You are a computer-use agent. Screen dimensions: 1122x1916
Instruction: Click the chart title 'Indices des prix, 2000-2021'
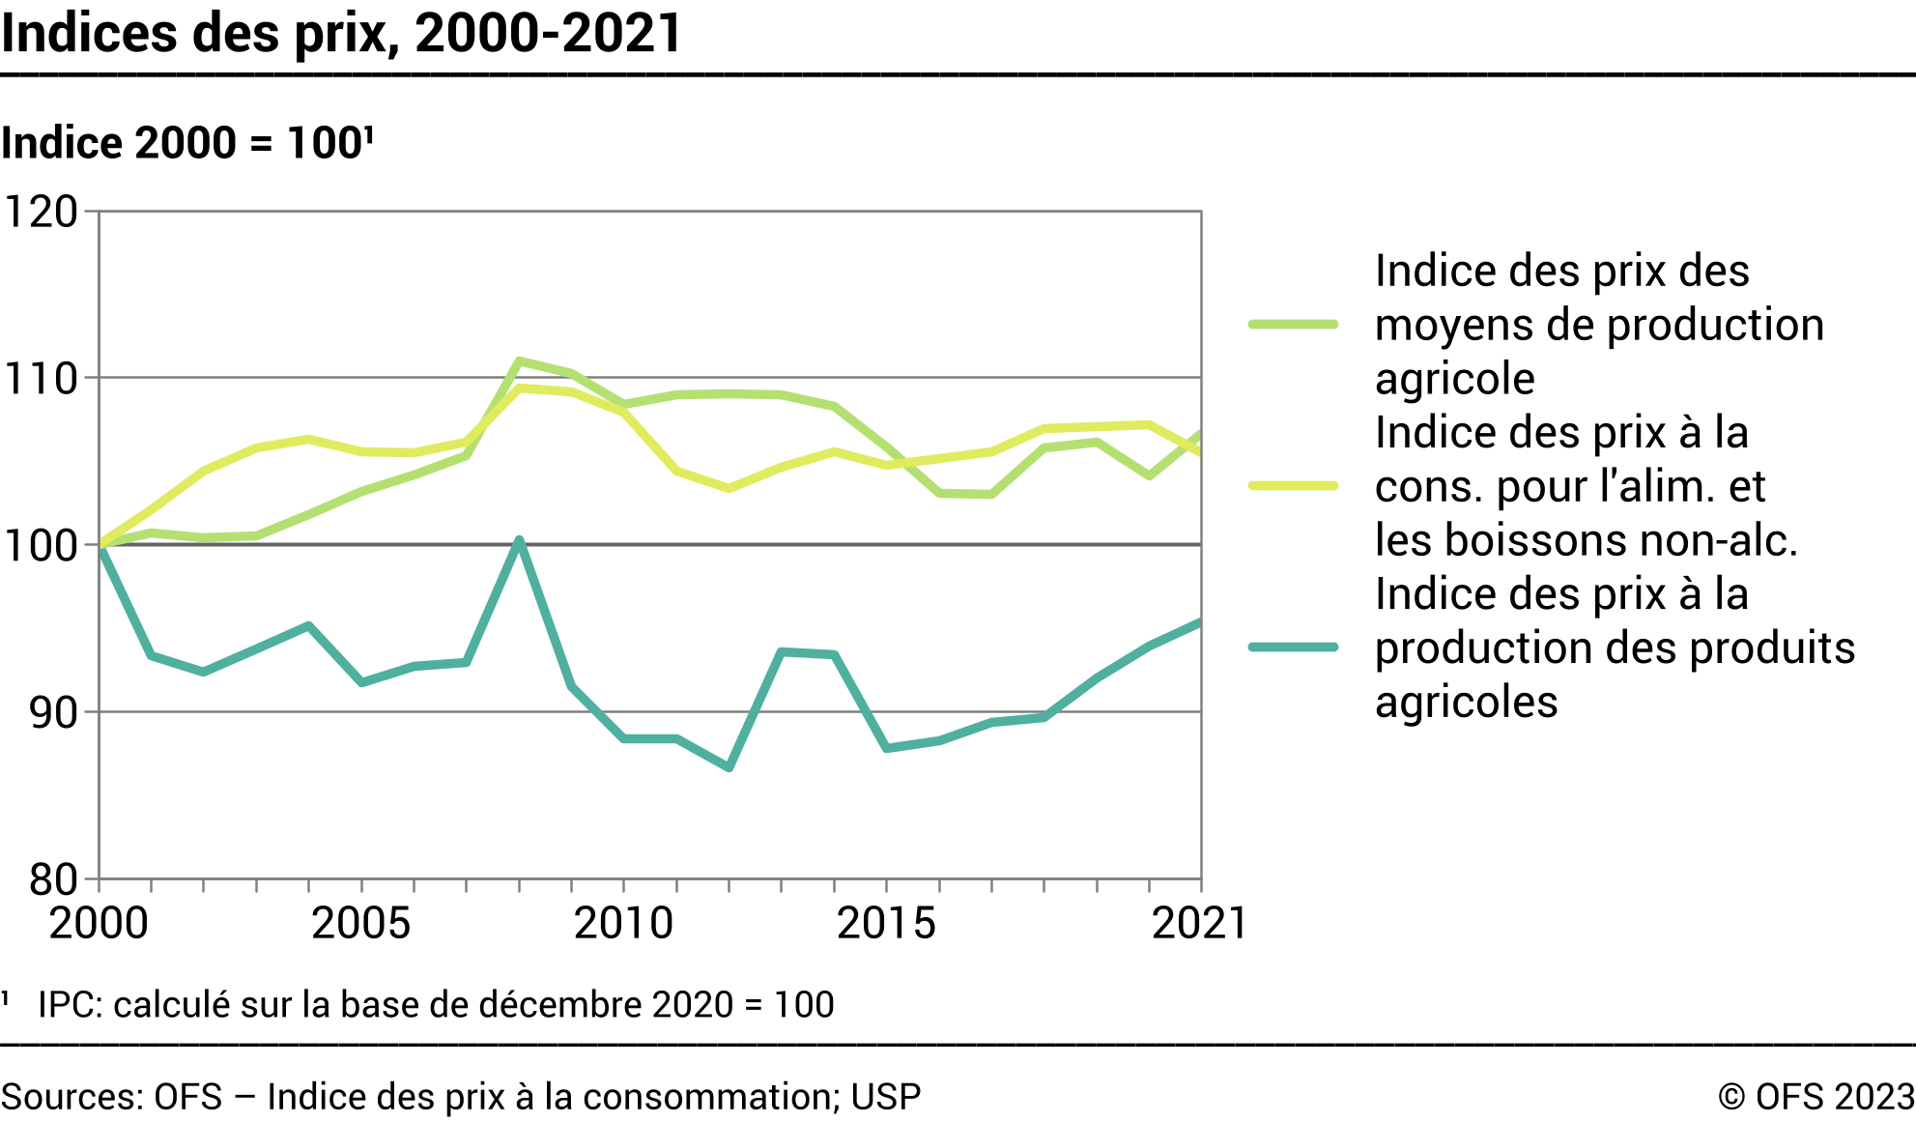(341, 33)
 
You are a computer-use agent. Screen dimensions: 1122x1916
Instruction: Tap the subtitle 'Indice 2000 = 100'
(186, 143)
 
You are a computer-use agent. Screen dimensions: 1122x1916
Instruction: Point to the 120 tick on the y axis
(42, 212)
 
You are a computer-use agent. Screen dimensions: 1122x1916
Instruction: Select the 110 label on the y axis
(42, 379)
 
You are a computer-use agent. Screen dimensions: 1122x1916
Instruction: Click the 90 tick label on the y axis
(53, 713)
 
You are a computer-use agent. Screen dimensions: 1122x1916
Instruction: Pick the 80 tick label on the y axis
(53, 880)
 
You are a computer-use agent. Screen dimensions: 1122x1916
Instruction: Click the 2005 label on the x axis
(360, 923)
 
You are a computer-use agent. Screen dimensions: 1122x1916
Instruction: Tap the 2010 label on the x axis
(623, 923)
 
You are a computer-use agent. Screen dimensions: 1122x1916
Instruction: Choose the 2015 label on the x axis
(886, 923)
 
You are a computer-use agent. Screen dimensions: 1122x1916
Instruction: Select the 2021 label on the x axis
(1199, 923)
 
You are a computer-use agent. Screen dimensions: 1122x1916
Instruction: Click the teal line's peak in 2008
(519, 540)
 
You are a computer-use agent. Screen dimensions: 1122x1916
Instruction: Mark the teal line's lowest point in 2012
(729, 768)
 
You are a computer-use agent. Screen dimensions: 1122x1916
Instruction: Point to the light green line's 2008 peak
(519, 360)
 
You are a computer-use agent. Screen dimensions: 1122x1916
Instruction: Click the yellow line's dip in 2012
(729, 488)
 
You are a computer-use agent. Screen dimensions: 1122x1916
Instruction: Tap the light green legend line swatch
(1293, 325)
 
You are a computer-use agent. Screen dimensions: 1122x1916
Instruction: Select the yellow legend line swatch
(1293, 485)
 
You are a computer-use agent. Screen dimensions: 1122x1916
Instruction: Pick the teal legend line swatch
(1293, 647)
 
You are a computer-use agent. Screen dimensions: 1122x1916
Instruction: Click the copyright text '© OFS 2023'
(1816, 1097)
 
